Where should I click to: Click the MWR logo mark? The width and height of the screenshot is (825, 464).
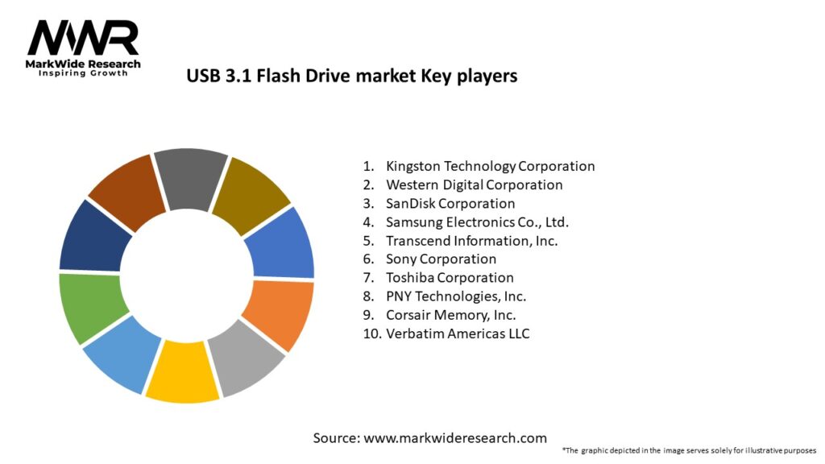click(x=83, y=38)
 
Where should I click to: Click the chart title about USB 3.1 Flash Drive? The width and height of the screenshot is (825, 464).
click(x=351, y=76)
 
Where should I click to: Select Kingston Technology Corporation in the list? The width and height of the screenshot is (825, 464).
click(x=490, y=166)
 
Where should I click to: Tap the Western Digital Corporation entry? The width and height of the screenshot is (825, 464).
click(x=474, y=184)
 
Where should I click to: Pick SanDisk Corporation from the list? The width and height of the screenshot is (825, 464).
click(x=450, y=203)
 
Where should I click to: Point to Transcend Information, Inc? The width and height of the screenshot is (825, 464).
click(x=471, y=240)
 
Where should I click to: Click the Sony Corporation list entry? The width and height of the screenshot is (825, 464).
click(x=441, y=259)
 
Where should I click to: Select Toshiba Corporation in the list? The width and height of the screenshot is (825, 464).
click(x=450, y=277)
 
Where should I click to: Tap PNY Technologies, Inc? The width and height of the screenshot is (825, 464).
click(x=456, y=296)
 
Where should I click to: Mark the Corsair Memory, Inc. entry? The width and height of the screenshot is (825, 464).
click(x=450, y=314)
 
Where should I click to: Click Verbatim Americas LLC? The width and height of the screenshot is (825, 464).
click(x=458, y=333)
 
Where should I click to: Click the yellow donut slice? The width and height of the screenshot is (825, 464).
click(x=181, y=372)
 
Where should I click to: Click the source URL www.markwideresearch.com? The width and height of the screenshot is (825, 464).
click(x=454, y=438)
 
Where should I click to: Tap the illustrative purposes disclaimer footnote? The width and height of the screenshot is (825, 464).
click(x=689, y=449)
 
